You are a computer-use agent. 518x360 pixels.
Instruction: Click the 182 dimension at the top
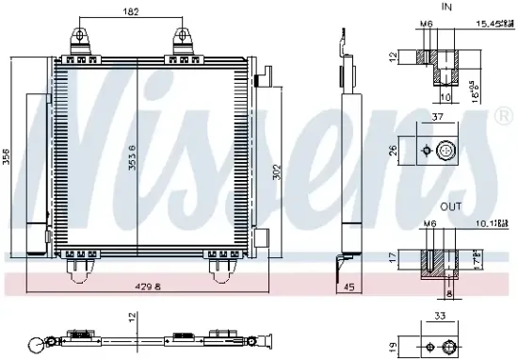pos(132,11)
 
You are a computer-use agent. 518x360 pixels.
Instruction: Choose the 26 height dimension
pos(393,148)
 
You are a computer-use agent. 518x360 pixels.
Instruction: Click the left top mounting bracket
pos(81,38)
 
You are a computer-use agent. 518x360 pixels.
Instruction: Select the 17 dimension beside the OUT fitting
pos(393,256)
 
